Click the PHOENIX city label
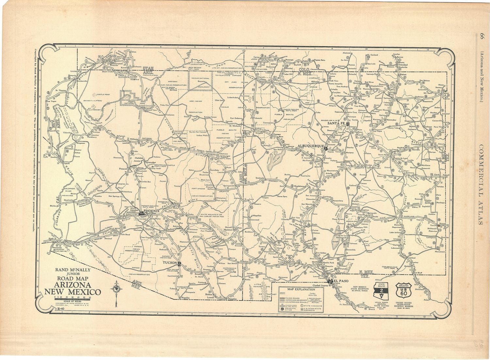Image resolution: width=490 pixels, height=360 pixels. pos(151,211)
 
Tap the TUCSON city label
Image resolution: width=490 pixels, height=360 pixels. pos(170,263)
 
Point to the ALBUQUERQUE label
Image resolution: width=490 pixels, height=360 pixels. pos(311,146)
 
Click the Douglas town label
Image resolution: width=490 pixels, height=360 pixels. pos(233,299)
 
